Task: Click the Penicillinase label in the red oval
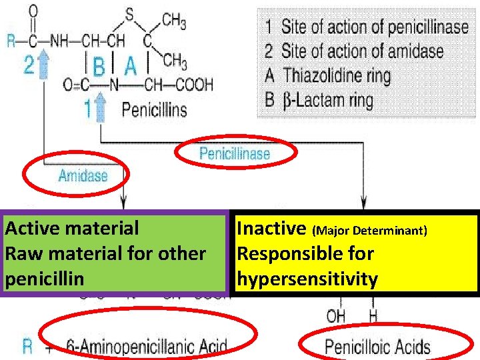(235, 154)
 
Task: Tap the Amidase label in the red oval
(83, 176)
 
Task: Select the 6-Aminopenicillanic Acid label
(147, 347)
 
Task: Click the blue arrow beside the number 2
(45, 64)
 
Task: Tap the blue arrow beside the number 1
(101, 107)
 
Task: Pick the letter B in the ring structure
(99, 67)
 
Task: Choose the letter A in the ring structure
(131, 66)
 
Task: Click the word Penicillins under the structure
(154, 108)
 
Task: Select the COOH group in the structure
(195, 85)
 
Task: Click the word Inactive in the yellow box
(271, 229)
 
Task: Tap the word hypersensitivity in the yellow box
(307, 279)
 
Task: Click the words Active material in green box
(72, 229)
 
